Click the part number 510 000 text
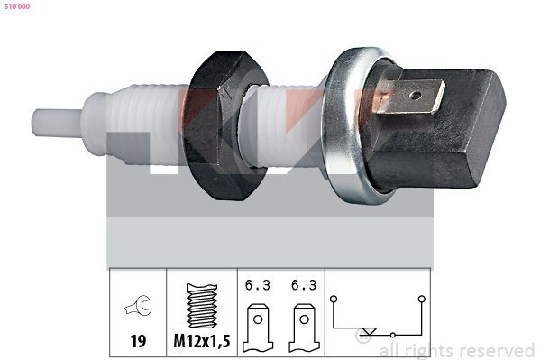pos(17,6)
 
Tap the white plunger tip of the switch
pos(57,122)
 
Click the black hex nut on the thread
pos(224,125)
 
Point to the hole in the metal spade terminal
pos(416,95)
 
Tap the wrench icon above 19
pos(138,305)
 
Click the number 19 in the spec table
pos(138,341)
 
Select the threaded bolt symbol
pos(202,306)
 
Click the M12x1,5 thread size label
pos(202,341)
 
